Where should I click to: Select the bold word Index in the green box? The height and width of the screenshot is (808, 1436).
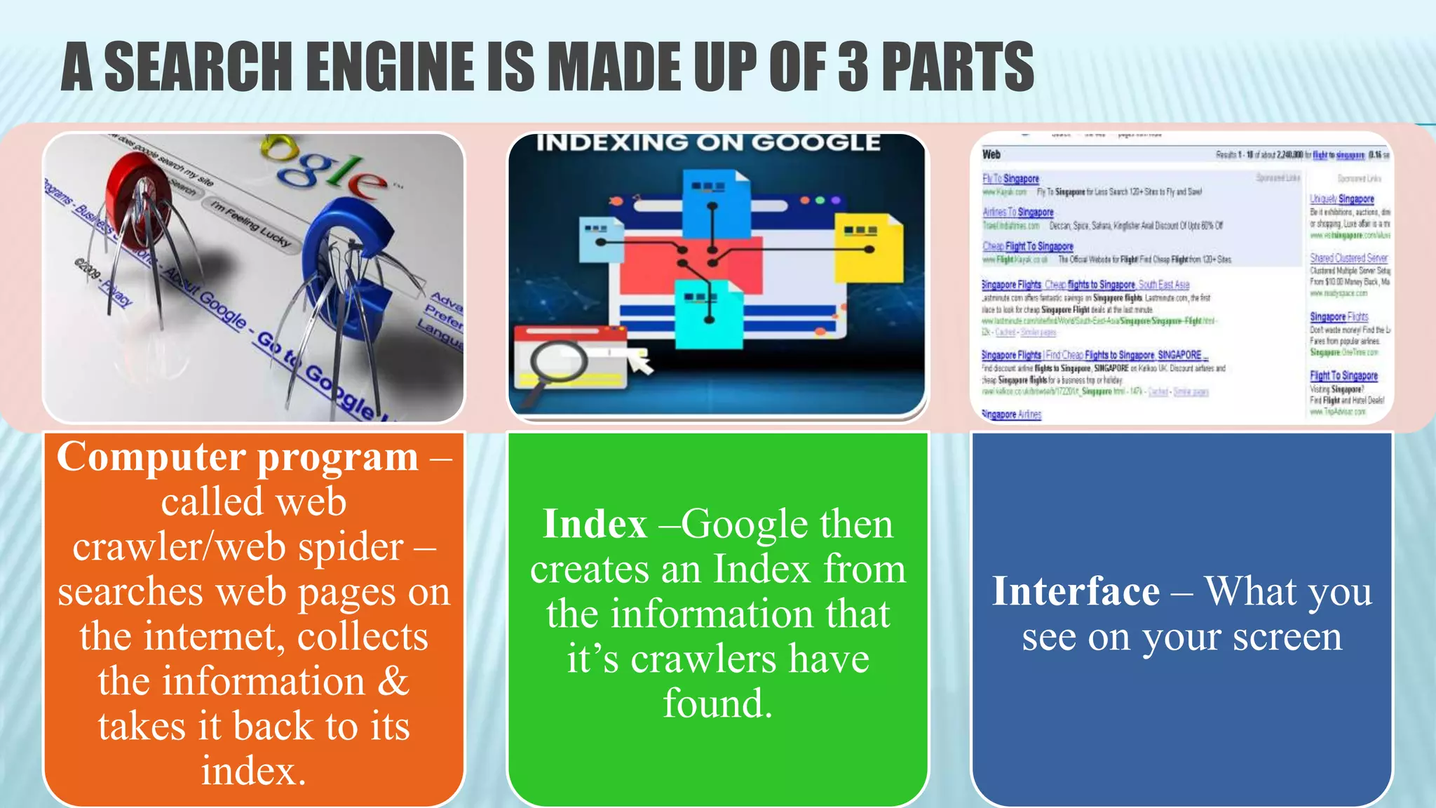coord(595,524)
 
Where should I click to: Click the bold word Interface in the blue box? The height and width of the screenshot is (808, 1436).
coord(1076,591)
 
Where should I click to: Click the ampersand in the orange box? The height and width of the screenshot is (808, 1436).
coord(393,682)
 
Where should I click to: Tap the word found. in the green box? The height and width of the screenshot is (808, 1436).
coord(718,703)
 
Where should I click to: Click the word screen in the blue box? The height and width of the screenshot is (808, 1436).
coord(1287,637)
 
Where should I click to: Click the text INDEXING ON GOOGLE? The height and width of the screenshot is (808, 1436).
coord(708,143)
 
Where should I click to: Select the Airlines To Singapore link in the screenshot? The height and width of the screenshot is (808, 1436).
coord(1017,212)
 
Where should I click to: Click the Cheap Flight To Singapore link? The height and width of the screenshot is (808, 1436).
coord(1027,246)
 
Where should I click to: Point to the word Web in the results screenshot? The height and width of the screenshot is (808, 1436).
coord(991,154)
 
